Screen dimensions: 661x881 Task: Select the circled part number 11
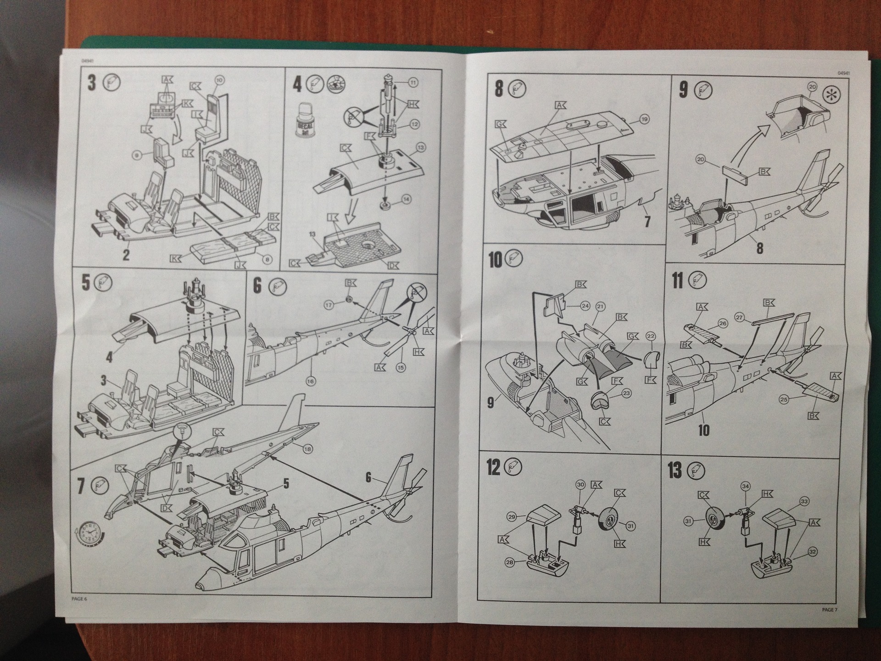coord(413,83)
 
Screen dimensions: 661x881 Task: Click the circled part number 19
coord(644,119)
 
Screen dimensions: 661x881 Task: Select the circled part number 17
coord(329,305)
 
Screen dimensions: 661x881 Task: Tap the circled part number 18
coord(307,449)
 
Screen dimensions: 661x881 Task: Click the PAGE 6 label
coord(79,599)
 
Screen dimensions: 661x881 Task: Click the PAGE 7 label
coord(830,610)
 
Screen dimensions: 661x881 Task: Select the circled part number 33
coord(804,502)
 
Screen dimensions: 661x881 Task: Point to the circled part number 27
coord(739,317)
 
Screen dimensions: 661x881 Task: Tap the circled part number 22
coord(651,336)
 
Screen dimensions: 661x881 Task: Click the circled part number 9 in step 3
coord(137,156)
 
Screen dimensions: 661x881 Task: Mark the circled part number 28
coord(510,562)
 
